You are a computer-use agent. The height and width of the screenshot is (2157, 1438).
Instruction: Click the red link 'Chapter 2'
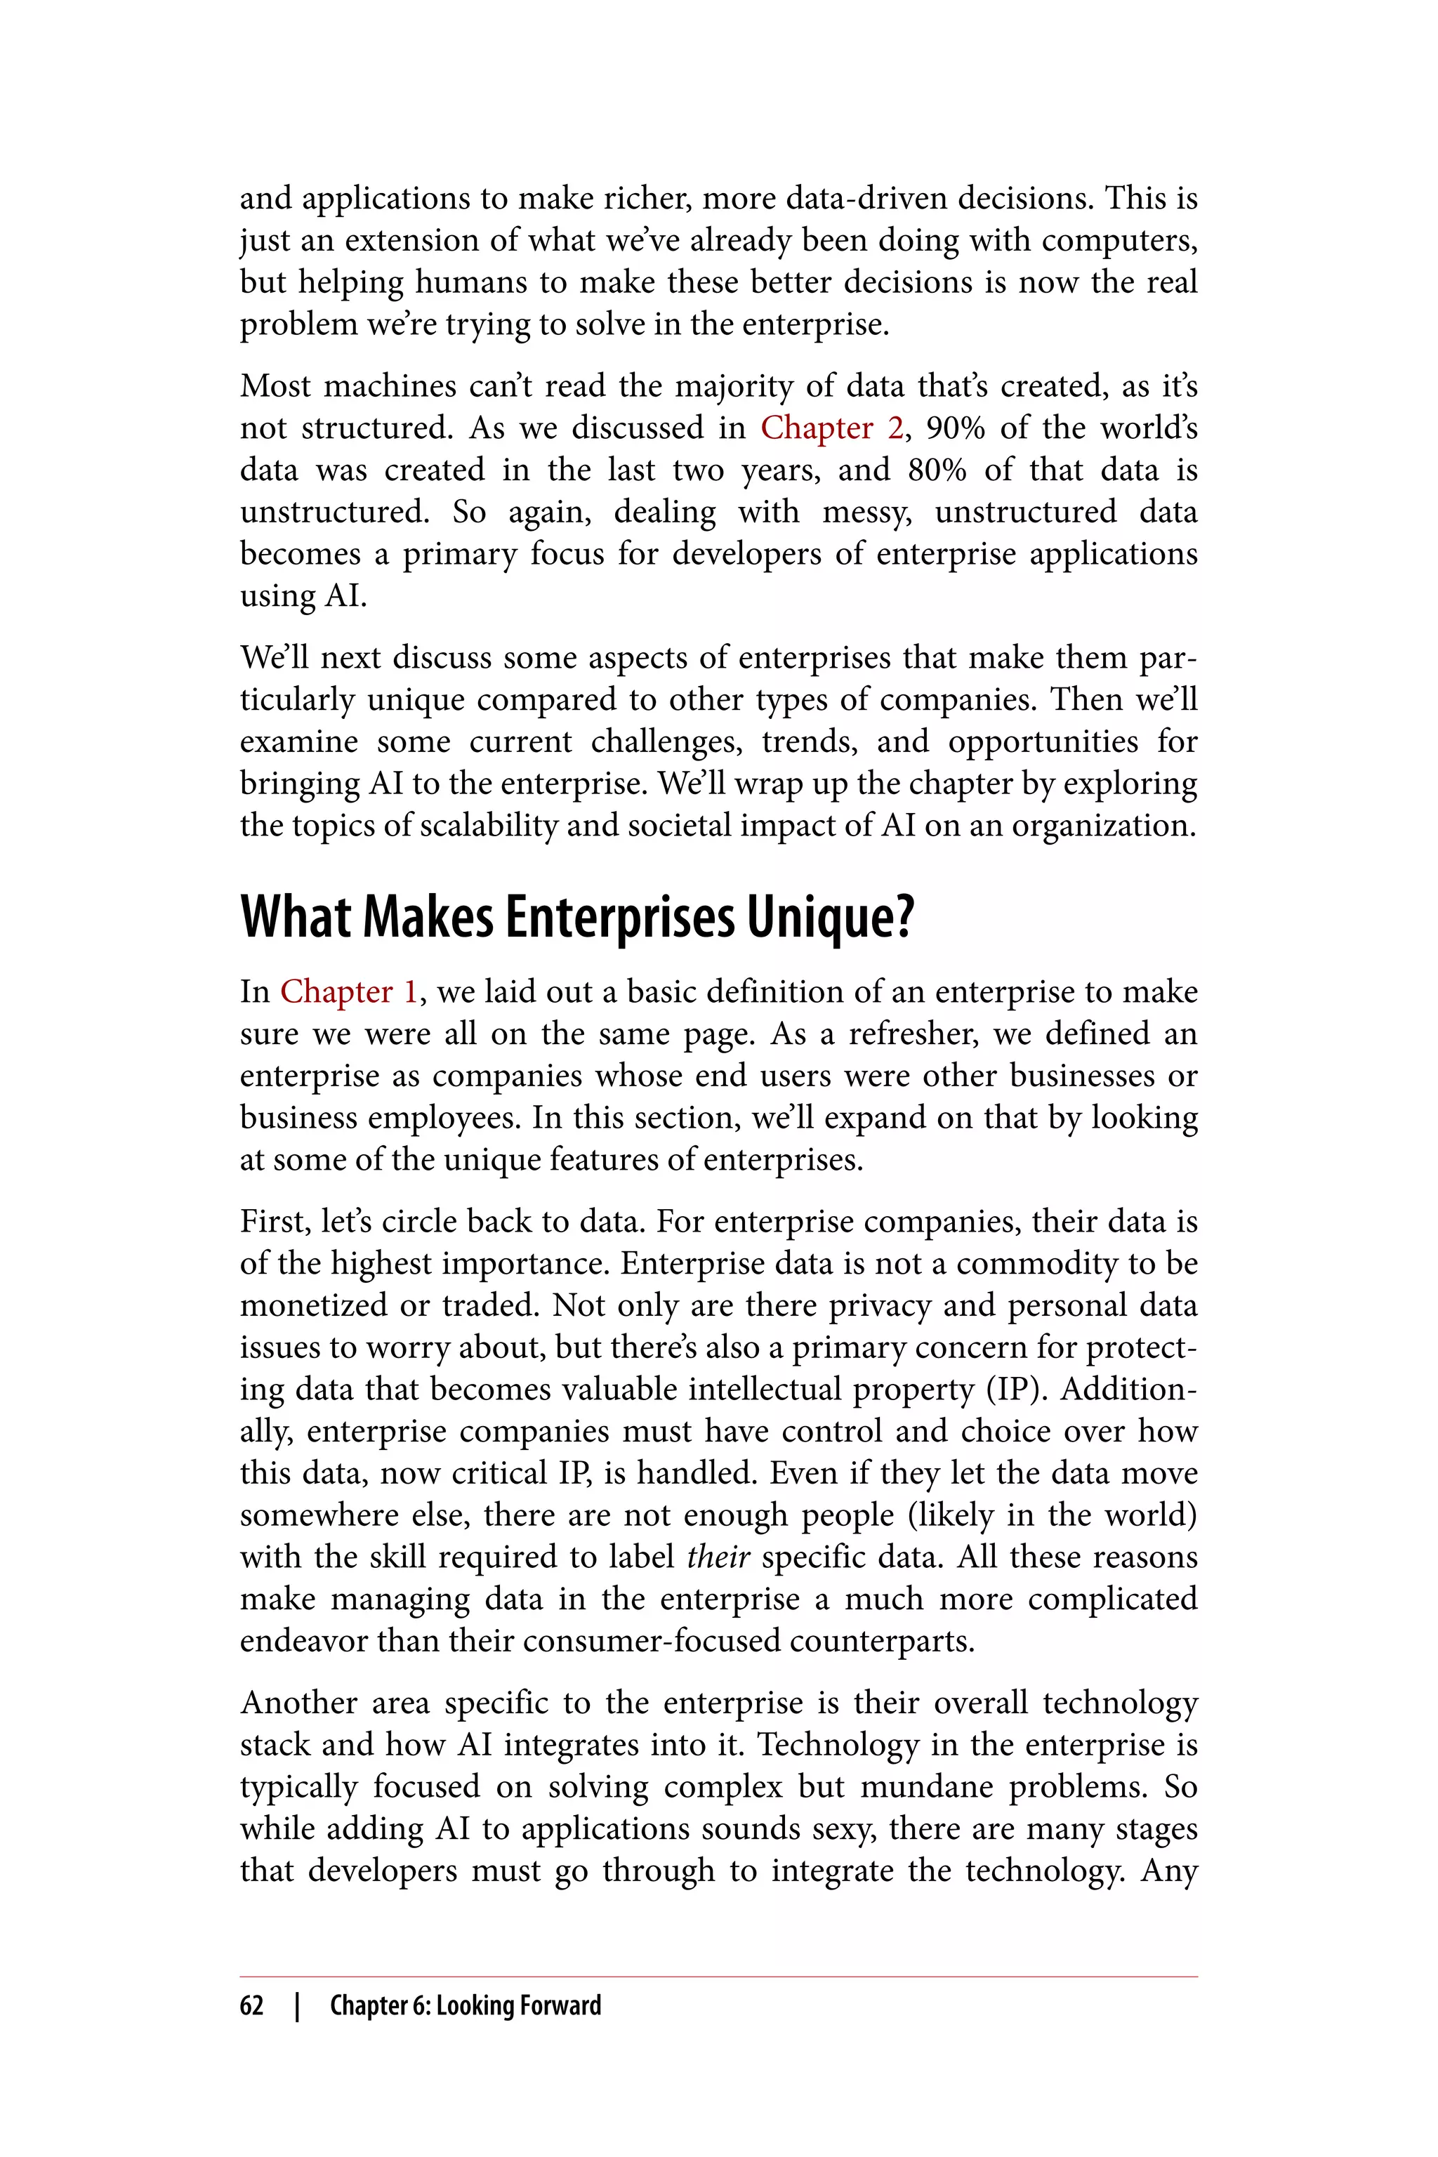coord(830,428)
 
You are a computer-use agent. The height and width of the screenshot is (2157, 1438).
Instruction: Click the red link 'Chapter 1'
coord(348,991)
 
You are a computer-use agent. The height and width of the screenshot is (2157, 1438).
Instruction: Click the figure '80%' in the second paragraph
coord(937,470)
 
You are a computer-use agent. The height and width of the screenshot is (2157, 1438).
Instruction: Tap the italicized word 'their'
coord(718,1557)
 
